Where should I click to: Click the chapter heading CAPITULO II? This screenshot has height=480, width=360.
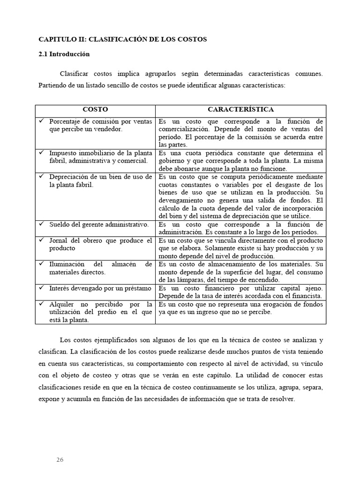click(x=122, y=39)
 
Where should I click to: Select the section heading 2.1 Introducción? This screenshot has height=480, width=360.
click(x=64, y=54)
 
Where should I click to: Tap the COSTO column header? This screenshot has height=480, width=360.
click(x=95, y=110)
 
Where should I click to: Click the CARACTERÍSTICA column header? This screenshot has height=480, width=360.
click(x=240, y=110)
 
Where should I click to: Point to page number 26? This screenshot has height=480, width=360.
click(x=60, y=459)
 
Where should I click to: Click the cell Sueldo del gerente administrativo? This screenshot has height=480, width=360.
click(x=99, y=225)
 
